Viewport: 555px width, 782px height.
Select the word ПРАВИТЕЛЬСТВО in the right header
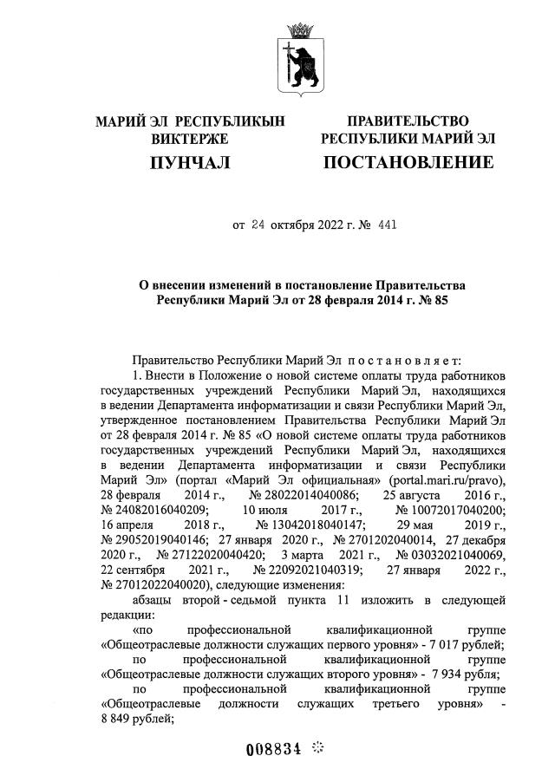[408, 121]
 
